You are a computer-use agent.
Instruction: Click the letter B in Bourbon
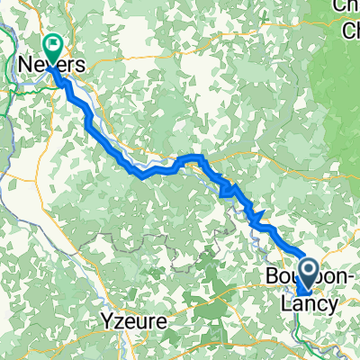tap(272, 276)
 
